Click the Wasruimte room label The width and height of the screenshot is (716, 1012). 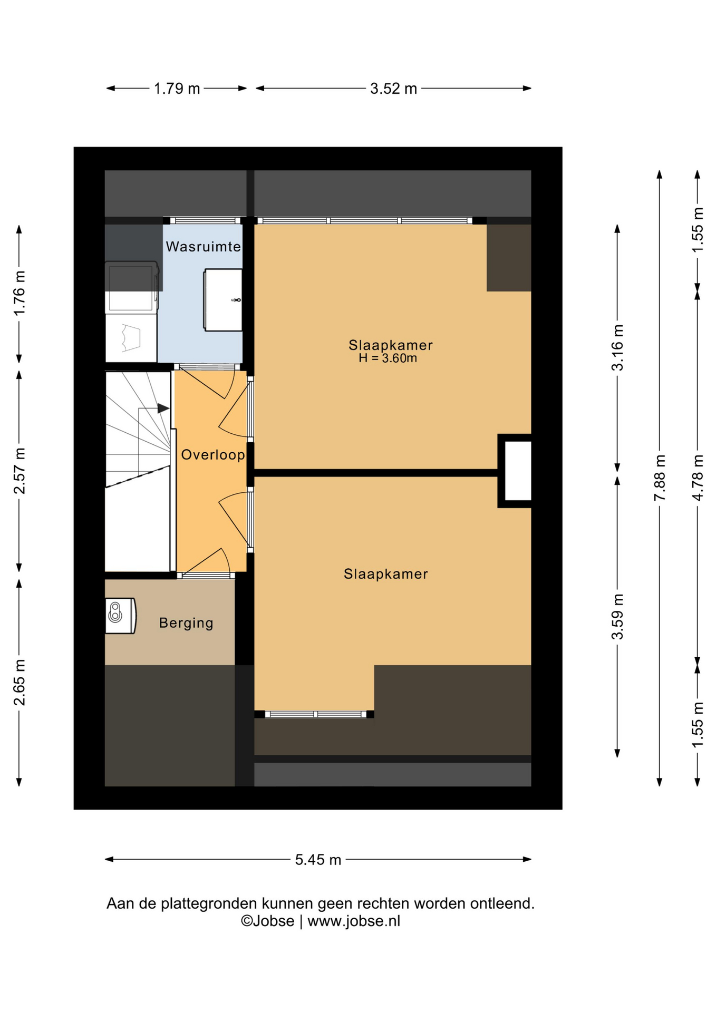click(204, 246)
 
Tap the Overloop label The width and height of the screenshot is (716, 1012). click(213, 454)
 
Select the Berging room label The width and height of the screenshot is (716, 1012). click(186, 623)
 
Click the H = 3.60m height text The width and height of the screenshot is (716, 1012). click(388, 358)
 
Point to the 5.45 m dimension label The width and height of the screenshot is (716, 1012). click(318, 860)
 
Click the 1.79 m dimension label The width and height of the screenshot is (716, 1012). click(177, 89)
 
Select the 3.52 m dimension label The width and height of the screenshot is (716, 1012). click(393, 89)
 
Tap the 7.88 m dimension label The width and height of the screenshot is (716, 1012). click(660, 478)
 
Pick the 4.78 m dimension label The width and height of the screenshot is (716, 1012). click(698, 478)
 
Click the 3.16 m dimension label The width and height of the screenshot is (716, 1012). click(617, 348)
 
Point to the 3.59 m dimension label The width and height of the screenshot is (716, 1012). click(617, 617)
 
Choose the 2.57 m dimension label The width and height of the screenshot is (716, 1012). click(20, 471)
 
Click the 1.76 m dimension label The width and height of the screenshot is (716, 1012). click(20, 294)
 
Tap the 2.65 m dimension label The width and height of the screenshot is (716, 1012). click(20, 682)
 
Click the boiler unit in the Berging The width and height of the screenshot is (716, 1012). click(121, 615)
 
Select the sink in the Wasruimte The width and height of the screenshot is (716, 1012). click(224, 300)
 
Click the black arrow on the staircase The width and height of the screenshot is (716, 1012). click(163, 408)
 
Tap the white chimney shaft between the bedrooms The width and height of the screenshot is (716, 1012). click(518, 471)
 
